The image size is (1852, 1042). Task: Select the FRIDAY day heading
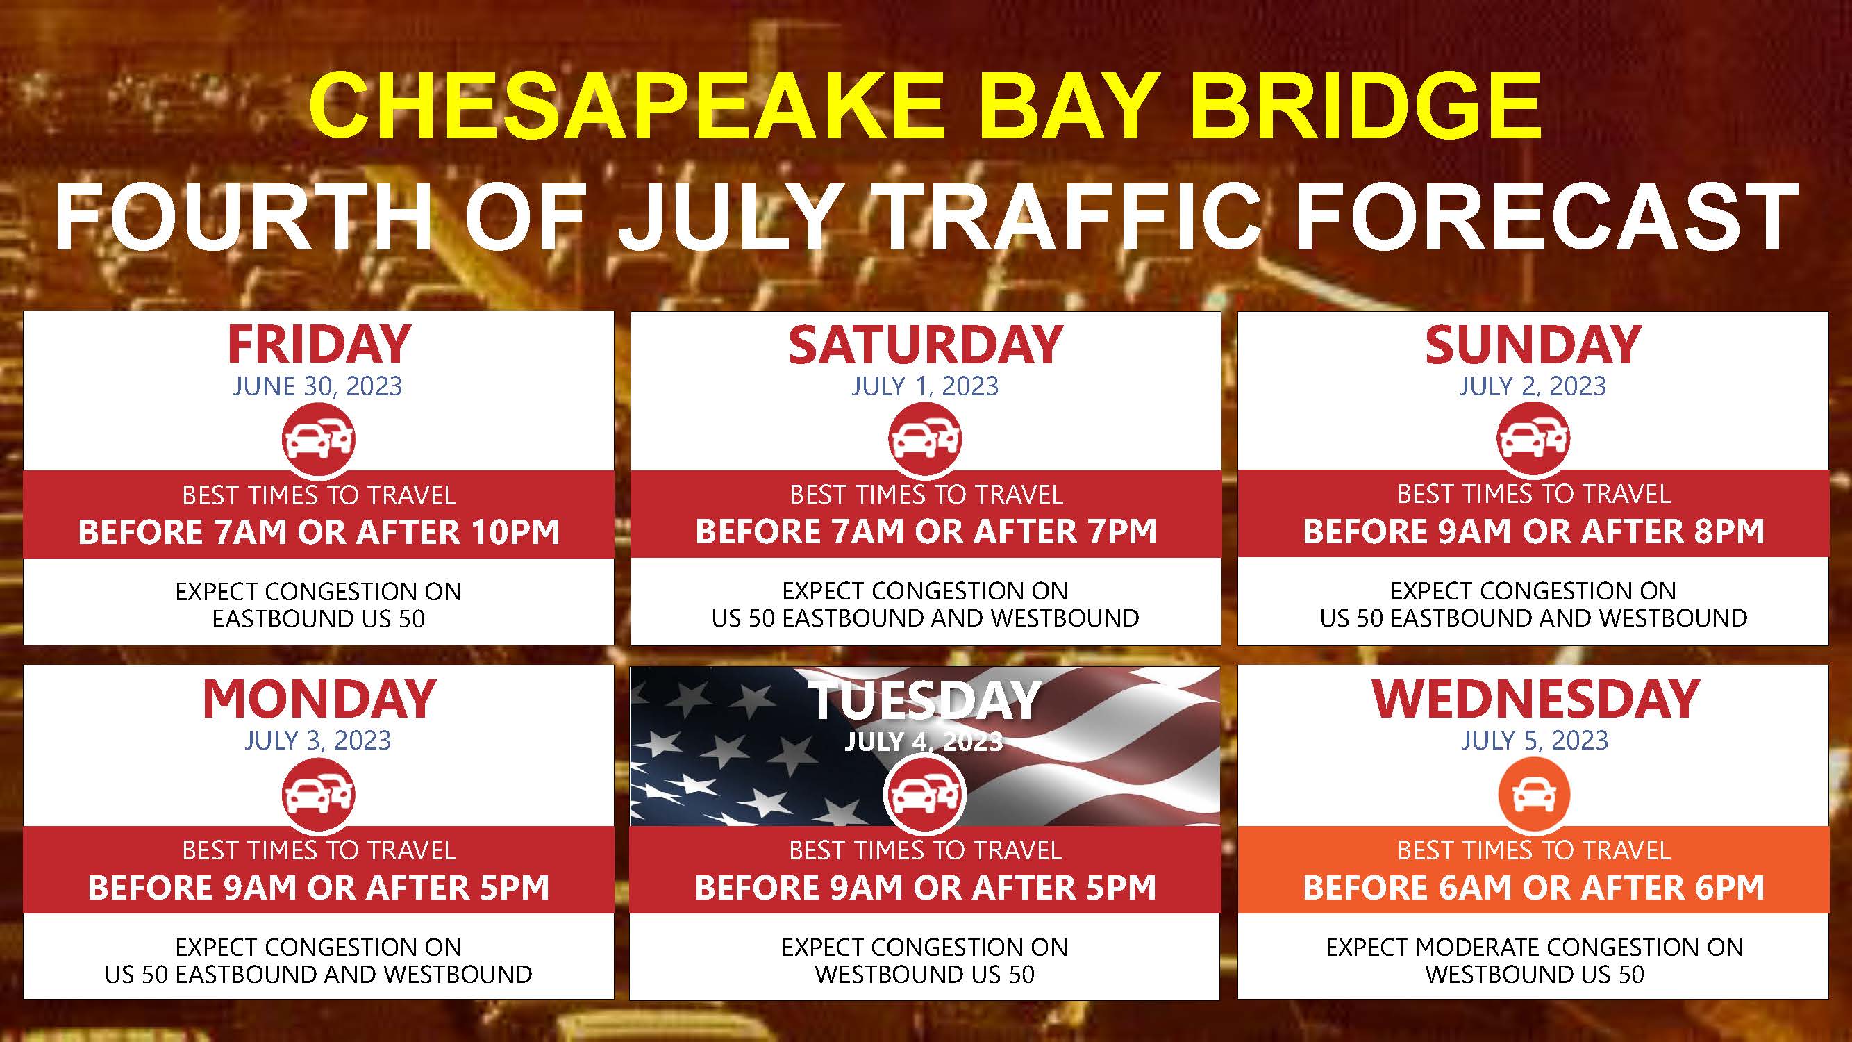tap(319, 345)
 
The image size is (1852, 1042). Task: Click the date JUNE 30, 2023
tap(318, 386)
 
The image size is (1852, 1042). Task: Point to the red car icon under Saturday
tap(925, 438)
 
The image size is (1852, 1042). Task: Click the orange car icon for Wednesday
tap(1533, 795)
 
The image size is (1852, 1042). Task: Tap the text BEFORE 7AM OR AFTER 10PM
tap(319, 532)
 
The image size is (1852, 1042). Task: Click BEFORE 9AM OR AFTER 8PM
tap(1533, 531)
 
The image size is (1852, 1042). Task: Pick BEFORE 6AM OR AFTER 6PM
tap(1533, 887)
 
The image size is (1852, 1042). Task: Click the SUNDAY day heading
tap(1533, 345)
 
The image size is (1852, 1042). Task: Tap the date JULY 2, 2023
tap(1533, 386)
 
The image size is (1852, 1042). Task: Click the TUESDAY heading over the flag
tap(925, 700)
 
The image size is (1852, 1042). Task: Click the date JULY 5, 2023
tap(1534, 740)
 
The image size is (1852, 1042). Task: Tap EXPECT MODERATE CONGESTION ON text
tap(1534, 947)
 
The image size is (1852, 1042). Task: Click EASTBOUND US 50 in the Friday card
tap(319, 618)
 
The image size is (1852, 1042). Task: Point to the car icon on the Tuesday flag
tap(925, 795)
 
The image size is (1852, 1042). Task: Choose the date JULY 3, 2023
tap(318, 740)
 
